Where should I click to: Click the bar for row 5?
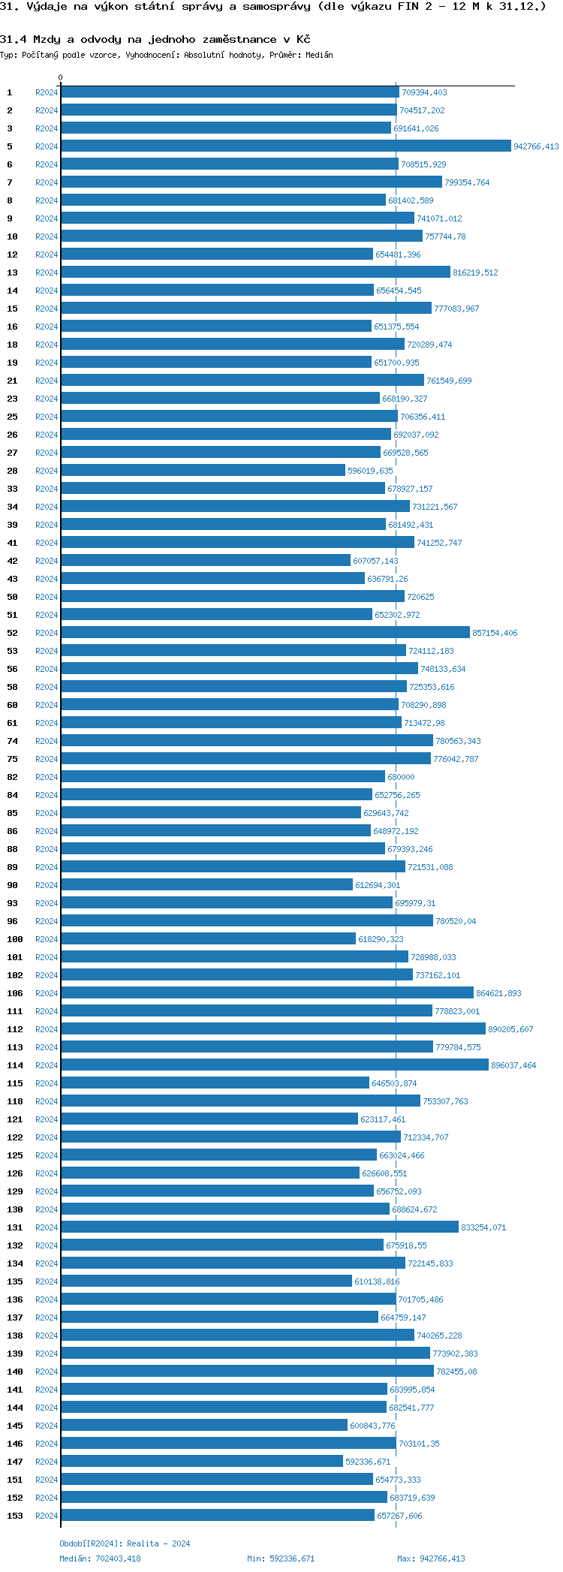point(285,146)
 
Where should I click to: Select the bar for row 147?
point(201,1462)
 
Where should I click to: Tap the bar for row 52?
point(264,633)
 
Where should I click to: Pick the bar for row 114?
point(274,1065)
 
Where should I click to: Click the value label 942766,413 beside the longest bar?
point(536,147)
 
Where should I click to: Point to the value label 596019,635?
point(370,471)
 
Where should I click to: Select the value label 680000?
point(401,778)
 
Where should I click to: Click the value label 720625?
point(420,598)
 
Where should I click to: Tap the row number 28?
point(12,471)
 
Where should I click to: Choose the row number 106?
point(15,994)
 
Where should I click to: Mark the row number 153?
point(15,1516)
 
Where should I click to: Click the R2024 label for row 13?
point(47,273)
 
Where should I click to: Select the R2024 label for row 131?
point(47,1228)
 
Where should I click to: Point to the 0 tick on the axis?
point(61,78)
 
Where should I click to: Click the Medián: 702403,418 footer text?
point(100,1558)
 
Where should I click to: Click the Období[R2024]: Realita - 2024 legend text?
point(125,1544)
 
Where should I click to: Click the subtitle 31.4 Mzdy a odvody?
point(155,39)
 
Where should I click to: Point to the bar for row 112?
point(272,1029)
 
